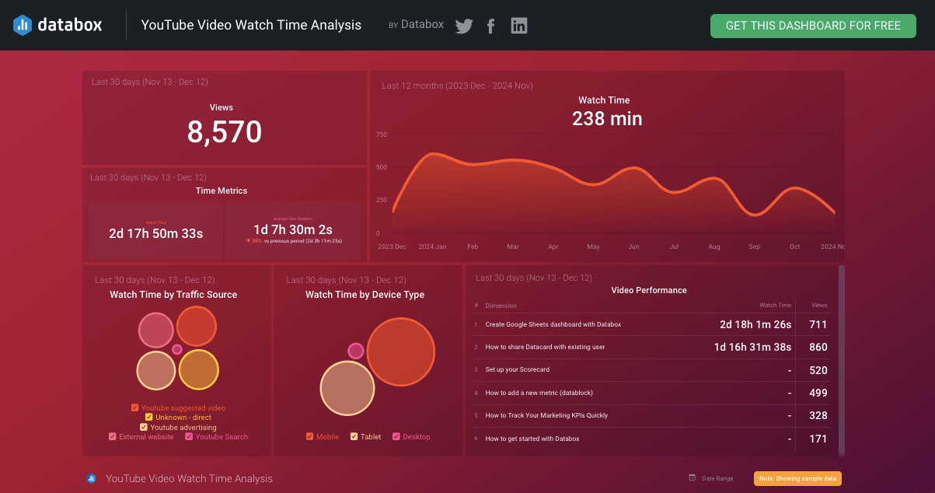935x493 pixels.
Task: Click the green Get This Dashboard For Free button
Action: pos(813,26)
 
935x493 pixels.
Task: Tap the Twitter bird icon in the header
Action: pos(464,26)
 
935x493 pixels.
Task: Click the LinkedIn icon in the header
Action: pos(519,26)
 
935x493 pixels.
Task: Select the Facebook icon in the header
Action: pos(491,26)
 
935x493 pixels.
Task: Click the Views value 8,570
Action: pos(225,132)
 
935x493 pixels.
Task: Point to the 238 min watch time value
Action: pos(607,119)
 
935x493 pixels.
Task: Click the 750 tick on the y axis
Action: pos(381,135)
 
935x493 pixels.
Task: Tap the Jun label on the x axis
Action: pos(633,247)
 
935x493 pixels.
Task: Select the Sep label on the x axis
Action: pos(754,247)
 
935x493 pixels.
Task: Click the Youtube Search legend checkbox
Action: pos(189,437)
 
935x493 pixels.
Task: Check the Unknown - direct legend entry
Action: pos(149,418)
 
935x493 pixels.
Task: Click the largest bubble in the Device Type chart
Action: pos(400,351)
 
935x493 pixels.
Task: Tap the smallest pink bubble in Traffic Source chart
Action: pos(177,349)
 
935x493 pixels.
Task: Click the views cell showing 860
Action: pos(818,347)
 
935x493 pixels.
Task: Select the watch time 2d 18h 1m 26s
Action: pos(755,324)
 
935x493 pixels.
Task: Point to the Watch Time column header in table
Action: pos(775,306)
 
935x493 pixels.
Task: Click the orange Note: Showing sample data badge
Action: pos(797,478)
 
